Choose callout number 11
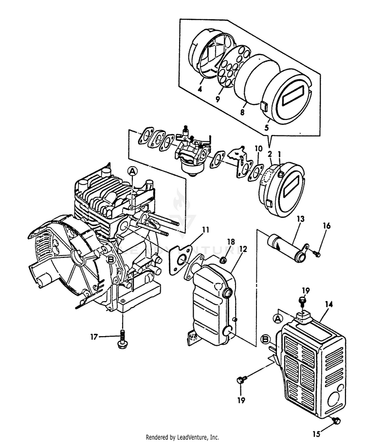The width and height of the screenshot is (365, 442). tap(206, 229)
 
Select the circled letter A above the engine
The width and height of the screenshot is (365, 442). tap(133, 171)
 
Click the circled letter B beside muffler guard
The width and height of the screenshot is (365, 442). tap(266, 339)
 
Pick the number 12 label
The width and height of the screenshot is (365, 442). tap(243, 249)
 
